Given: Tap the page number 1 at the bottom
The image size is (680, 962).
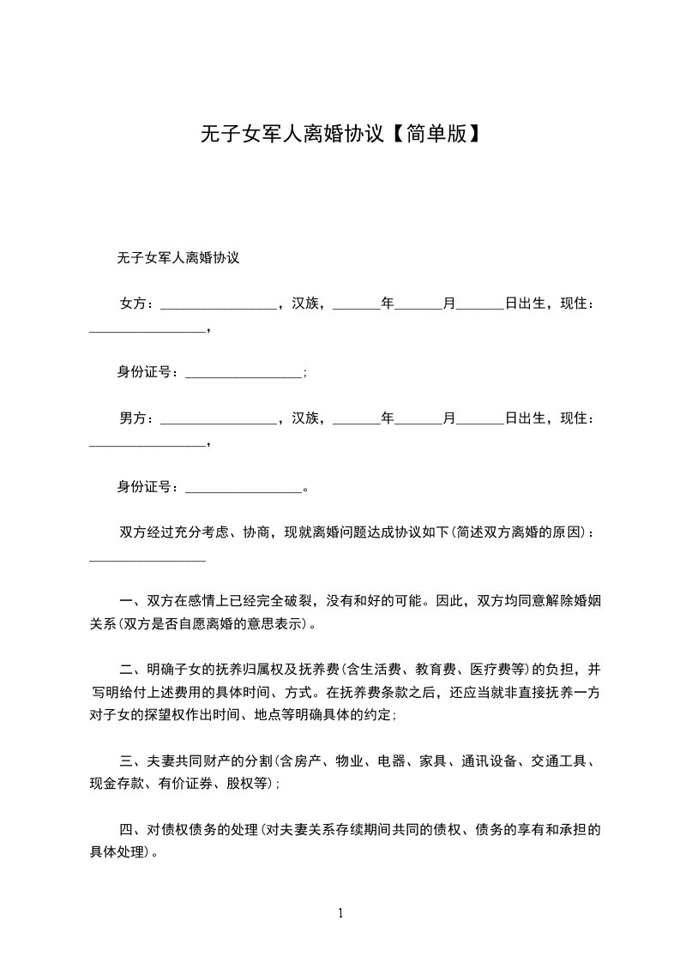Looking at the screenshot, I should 340,912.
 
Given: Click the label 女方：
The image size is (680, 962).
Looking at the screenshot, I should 137,304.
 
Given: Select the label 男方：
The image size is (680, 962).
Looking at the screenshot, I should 137,418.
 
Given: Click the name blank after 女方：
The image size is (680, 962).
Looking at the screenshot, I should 218,306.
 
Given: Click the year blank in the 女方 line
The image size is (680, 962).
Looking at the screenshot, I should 356,306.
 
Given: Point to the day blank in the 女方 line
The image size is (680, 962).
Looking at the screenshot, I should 480,306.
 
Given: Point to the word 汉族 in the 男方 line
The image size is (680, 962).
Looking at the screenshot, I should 305,418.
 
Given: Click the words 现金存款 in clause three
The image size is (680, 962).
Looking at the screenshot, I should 118,783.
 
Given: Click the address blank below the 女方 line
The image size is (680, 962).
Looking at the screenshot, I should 147,329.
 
